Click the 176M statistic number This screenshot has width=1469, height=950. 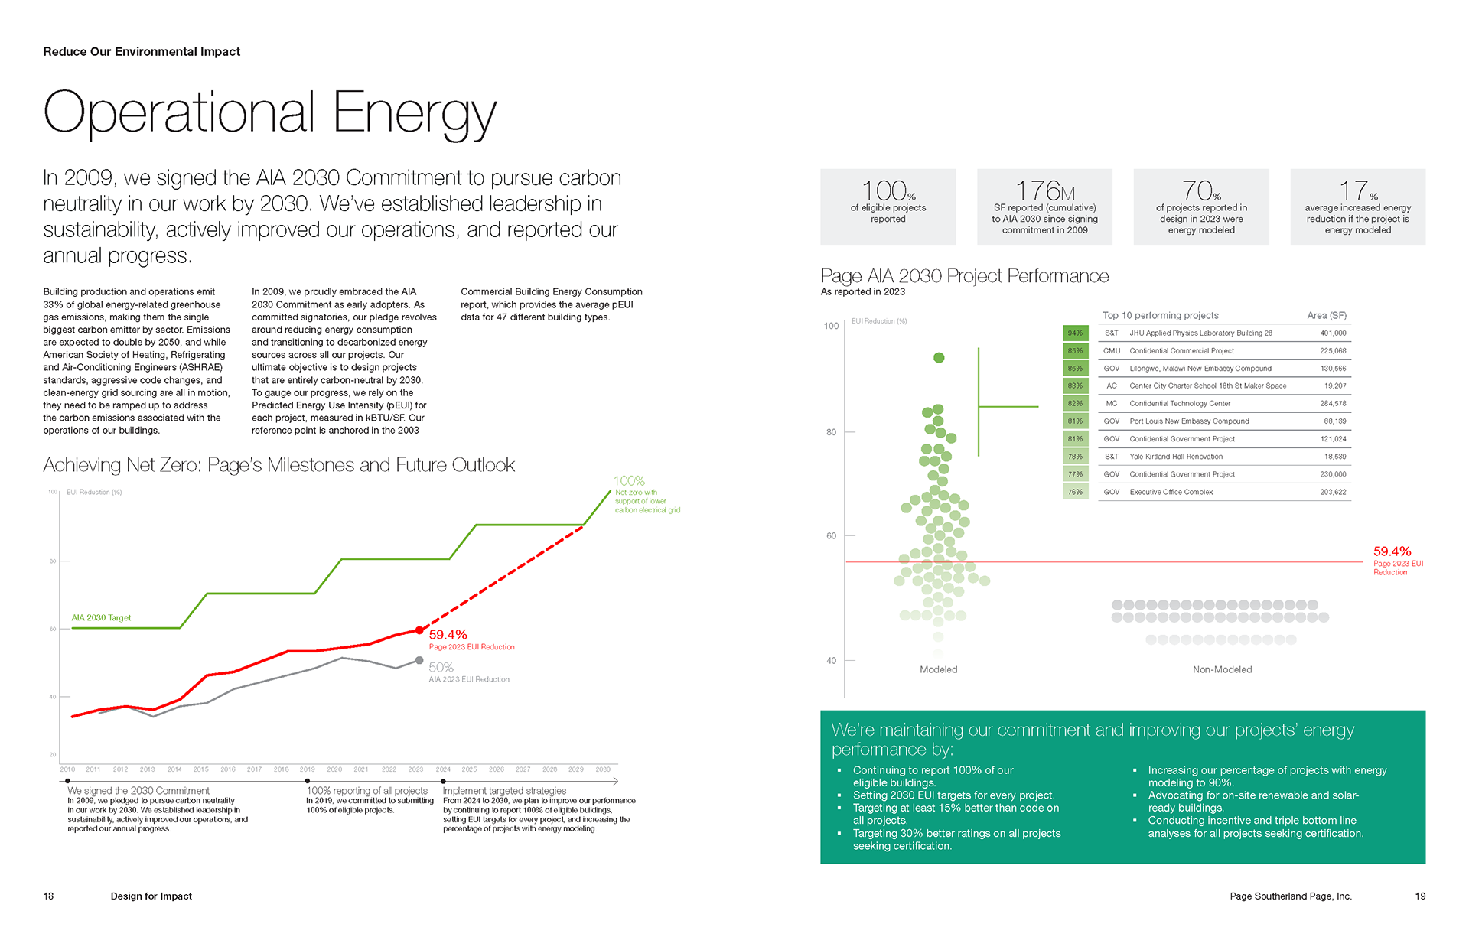[x=1044, y=190]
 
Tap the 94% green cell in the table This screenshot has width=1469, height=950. [x=1075, y=333]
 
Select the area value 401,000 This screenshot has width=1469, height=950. [x=1332, y=333]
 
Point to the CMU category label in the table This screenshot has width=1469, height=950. [x=1111, y=351]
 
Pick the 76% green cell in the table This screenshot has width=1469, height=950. [x=1075, y=493]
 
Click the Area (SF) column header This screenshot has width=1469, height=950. [x=1326, y=315]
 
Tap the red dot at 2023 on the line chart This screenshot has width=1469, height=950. [x=419, y=630]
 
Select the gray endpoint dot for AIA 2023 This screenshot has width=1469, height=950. [x=419, y=660]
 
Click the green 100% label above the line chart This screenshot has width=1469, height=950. [x=629, y=481]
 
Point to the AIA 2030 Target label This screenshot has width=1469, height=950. [x=101, y=617]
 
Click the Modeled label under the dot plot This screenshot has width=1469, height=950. [x=938, y=669]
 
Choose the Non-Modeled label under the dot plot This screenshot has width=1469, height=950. [x=1222, y=669]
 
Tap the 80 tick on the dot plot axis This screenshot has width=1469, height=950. [x=831, y=432]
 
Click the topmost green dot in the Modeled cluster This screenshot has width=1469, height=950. [x=939, y=358]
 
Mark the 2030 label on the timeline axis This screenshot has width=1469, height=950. [x=603, y=769]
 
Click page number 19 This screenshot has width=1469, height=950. [x=1420, y=896]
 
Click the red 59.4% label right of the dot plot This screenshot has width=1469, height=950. [x=1392, y=551]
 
